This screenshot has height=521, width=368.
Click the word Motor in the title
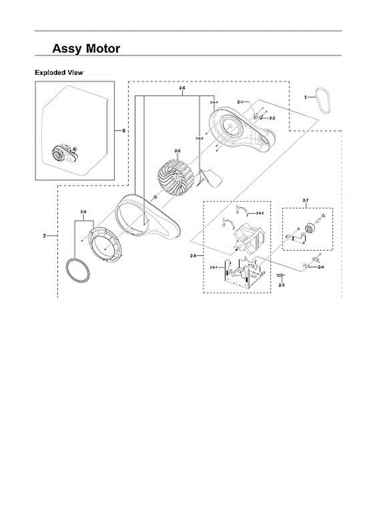click(103, 48)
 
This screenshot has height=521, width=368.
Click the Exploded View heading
click(59, 73)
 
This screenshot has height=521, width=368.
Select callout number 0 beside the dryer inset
click(124, 130)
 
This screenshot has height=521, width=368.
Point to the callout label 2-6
click(182, 88)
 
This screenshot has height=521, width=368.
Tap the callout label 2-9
click(83, 211)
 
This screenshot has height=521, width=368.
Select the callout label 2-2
click(272, 118)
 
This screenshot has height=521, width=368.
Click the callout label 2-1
click(241, 101)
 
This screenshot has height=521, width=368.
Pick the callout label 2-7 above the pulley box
click(305, 200)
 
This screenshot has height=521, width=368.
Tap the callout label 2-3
click(281, 285)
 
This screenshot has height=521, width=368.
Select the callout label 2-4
click(321, 267)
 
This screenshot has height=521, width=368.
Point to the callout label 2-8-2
click(260, 213)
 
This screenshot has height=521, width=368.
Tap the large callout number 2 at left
click(44, 235)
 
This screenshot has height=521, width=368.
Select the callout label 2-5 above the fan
click(177, 151)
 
